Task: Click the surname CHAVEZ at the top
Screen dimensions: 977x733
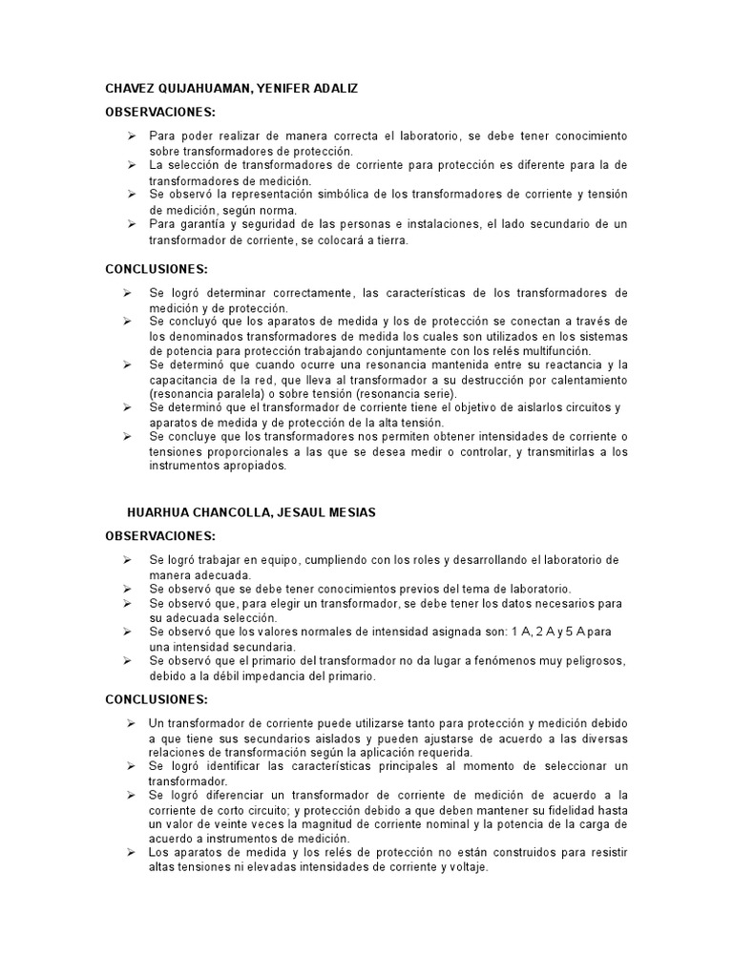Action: click(x=130, y=89)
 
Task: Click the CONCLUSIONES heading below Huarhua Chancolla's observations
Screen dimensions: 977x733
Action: click(x=157, y=699)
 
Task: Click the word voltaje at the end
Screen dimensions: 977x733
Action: click(x=466, y=867)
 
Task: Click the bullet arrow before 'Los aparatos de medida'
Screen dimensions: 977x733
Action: click(x=132, y=852)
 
